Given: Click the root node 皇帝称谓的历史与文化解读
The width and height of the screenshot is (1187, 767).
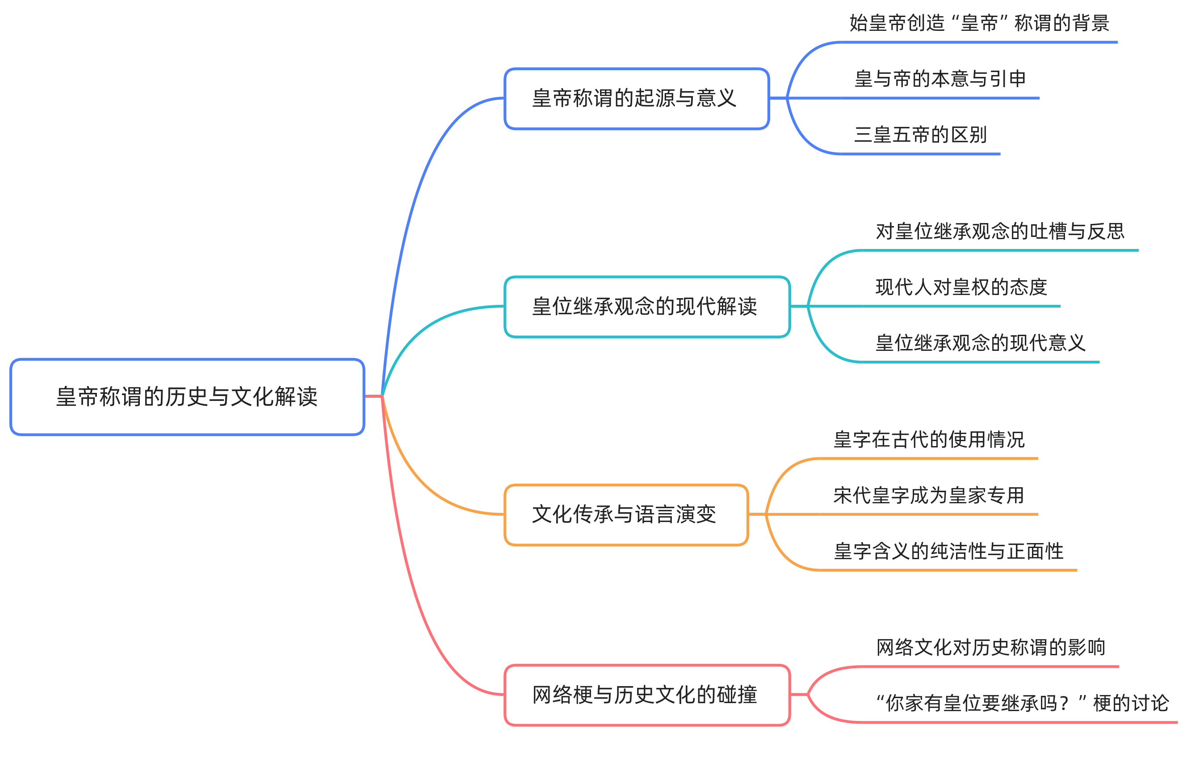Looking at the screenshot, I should tap(187, 396).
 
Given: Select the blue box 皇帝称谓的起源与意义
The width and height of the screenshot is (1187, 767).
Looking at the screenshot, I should tap(636, 98).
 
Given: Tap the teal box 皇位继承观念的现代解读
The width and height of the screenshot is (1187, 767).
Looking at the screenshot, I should tap(646, 306).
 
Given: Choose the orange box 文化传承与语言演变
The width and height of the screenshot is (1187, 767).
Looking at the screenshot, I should tap(625, 514).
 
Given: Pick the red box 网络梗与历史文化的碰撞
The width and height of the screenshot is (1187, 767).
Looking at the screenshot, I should tap(646, 694).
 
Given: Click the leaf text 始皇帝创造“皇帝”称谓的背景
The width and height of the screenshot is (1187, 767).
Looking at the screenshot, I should tap(979, 23).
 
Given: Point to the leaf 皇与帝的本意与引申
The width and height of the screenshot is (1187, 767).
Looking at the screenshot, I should tap(940, 79).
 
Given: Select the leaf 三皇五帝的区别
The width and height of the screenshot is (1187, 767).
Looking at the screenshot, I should tap(920, 135).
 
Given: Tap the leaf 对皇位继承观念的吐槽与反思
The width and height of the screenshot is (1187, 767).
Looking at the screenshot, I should tap(1000, 231).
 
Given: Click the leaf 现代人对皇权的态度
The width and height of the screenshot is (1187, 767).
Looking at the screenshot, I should tap(961, 287).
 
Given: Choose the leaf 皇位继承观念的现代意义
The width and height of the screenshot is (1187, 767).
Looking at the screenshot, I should tap(980, 343).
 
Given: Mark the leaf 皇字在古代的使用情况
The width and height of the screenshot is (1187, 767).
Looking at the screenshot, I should tap(929, 439).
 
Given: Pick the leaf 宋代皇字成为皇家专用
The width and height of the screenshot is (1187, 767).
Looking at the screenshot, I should tap(929, 495).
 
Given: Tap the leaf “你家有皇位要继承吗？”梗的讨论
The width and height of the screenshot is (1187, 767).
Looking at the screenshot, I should tap(1021, 703).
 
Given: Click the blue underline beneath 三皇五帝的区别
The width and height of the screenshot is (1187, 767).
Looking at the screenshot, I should tap(921, 154).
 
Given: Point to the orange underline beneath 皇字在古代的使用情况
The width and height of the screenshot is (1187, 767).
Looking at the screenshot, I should tap(929, 458).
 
